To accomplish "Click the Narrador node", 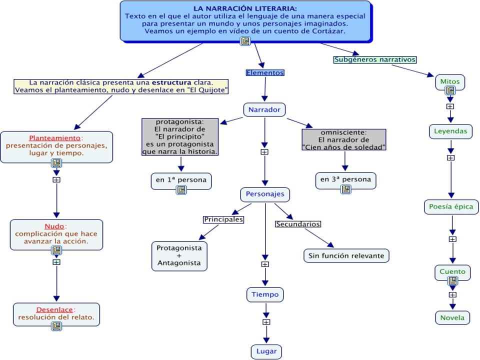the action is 264,109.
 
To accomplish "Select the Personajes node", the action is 265,194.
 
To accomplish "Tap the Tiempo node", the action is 265,295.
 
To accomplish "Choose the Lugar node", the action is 266,351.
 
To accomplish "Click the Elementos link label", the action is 265,73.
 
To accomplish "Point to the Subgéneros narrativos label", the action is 375,59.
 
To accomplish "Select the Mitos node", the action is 450,82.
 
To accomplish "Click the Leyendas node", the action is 450,131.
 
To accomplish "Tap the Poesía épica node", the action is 451,207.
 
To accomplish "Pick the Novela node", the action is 452,318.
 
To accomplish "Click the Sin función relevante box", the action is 346,256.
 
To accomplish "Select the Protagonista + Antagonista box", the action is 179,256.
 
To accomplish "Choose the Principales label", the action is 223,219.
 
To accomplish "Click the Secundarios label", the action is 298,224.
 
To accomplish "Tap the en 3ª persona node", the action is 345,180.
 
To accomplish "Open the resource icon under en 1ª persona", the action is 181,190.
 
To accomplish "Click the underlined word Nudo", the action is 54,226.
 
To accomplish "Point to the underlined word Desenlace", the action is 54,310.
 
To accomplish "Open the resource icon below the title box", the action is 245,41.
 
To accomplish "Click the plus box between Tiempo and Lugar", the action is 266,322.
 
